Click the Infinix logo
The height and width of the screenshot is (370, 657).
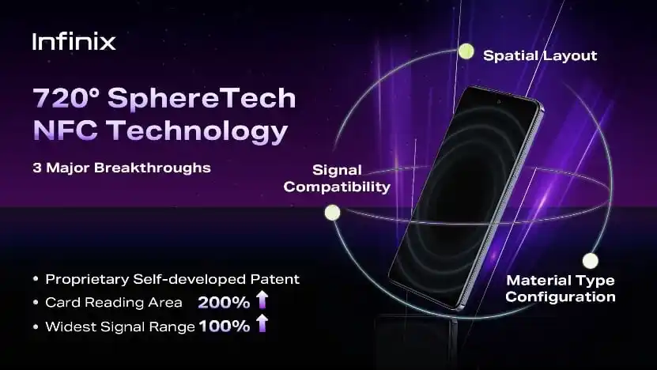click(x=74, y=41)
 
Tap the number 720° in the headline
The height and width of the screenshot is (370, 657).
click(x=66, y=97)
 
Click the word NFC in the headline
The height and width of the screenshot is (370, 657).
click(x=65, y=130)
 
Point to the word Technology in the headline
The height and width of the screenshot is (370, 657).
click(x=197, y=131)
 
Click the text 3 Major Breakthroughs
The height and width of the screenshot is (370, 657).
click(x=122, y=168)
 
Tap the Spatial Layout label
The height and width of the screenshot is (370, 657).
click(x=540, y=55)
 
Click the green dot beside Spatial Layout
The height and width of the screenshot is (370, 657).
click(x=466, y=51)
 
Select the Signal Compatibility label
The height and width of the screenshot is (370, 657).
click(x=337, y=179)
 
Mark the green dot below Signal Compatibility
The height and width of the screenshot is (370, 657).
click(x=332, y=213)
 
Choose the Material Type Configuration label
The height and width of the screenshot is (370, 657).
click(x=561, y=289)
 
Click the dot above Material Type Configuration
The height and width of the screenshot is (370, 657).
click(x=591, y=261)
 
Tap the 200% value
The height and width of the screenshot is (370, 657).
click(x=224, y=303)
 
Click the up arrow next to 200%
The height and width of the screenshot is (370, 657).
click(x=262, y=300)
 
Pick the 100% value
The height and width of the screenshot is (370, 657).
click(x=225, y=327)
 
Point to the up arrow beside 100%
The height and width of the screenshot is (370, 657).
click(x=262, y=323)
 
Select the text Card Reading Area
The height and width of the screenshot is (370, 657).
click(x=114, y=303)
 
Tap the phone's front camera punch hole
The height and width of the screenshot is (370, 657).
click(x=499, y=102)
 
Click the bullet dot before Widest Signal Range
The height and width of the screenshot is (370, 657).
click(x=36, y=327)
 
